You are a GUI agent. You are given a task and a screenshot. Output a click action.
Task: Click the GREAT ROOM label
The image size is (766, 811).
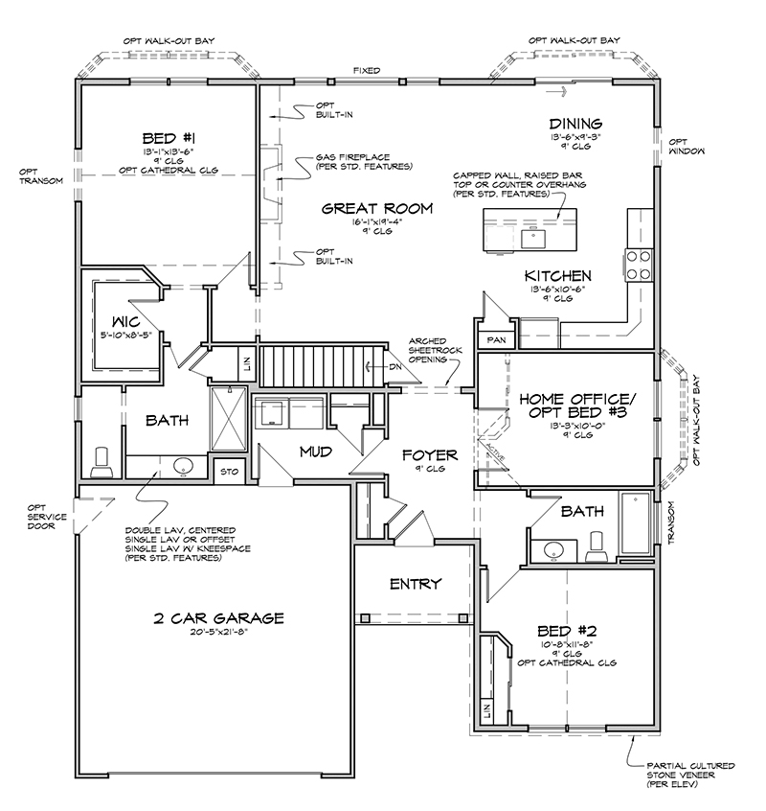tap(377, 208)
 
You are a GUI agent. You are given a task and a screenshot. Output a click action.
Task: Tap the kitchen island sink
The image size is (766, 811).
tap(533, 239)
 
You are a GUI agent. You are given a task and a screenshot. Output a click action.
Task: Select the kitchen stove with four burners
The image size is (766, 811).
tap(639, 265)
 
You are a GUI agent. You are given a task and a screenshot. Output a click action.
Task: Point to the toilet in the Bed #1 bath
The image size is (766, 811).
tap(101, 463)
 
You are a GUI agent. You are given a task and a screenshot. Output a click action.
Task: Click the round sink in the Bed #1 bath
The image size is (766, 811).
tap(182, 467)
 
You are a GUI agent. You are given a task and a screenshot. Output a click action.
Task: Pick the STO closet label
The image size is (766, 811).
tap(230, 472)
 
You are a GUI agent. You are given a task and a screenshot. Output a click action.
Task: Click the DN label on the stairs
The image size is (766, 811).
tap(395, 367)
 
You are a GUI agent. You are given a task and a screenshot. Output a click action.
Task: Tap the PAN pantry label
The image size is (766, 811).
tap(496, 339)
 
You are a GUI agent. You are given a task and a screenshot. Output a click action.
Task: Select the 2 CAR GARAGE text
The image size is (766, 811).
tap(219, 618)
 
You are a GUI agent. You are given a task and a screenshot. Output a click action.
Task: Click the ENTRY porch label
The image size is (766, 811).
tap(416, 584)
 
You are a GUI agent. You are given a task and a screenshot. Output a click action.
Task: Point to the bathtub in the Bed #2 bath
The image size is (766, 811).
tap(635, 522)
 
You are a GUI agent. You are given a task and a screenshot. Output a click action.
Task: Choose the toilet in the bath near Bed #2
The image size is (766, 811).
tap(597, 546)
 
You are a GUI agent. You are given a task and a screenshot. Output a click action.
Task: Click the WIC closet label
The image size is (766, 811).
tap(126, 322)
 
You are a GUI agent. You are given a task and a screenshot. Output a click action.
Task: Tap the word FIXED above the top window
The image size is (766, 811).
tap(366, 70)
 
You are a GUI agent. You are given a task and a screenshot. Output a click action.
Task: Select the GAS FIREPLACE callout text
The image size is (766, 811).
tap(364, 162)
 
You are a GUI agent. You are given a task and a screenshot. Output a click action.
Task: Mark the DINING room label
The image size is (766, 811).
tap(575, 124)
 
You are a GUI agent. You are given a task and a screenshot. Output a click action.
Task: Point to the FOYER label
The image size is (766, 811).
tap(430, 455)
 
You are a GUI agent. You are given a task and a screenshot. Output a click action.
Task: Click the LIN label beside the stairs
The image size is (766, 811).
tap(246, 363)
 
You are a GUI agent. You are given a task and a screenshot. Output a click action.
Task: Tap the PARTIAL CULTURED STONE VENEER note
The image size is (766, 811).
tap(690, 775)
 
